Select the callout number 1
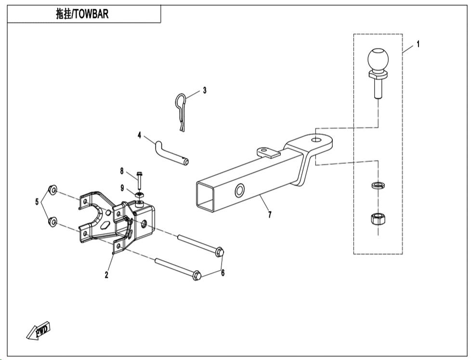(418, 44)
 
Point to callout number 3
(205, 90)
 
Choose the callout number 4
(139, 135)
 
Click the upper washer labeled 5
(53, 190)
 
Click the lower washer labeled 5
(53, 222)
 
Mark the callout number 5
(37, 201)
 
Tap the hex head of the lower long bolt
(197, 275)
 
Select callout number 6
(223, 273)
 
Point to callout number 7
(270, 215)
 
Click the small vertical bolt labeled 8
(140, 180)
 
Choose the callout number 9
(122, 188)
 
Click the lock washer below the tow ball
(378, 185)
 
